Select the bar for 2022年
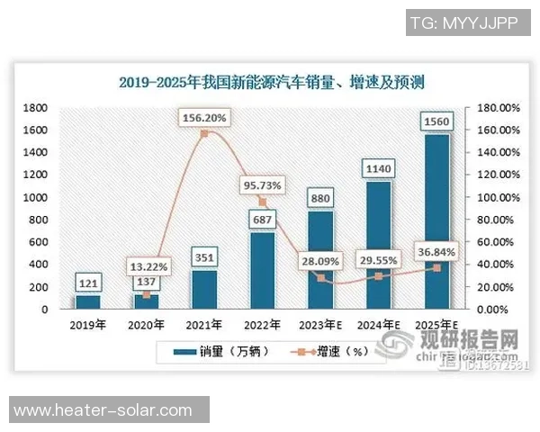263,270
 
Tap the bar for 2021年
204,289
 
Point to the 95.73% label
263,185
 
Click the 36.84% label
436,251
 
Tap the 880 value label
321,197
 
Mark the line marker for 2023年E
320,277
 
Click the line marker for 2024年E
379,275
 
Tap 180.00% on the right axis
496,108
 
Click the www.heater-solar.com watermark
103,410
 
